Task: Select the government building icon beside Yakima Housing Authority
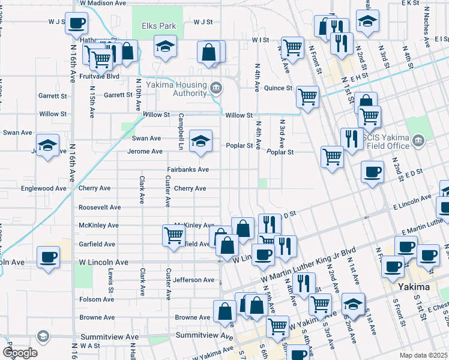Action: pos(217,89)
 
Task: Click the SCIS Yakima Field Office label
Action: pos(384,141)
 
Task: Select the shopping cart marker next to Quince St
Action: pos(307,96)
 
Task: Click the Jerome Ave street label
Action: pos(145,151)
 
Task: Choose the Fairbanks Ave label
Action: pos(187,170)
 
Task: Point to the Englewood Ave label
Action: pos(43,188)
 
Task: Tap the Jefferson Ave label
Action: pos(194,280)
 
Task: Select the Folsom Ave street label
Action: pos(97,299)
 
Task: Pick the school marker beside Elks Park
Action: pos(164,47)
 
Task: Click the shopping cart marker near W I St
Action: pos(292,46)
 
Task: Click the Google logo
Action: pos(20,352)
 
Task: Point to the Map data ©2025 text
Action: pos(424,355)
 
